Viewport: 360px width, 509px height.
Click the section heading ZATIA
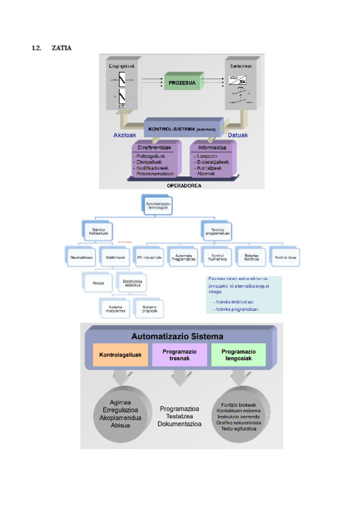(x=61, y=47)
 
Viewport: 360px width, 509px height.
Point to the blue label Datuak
(x=238, y=136)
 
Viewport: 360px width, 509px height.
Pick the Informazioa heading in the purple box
(x=212, y=146)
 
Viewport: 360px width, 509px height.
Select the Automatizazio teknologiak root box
(x=158, y=206)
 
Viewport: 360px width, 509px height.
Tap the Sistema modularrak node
(x=115, y=309)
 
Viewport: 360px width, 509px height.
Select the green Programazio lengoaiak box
(x=238, y=355)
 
